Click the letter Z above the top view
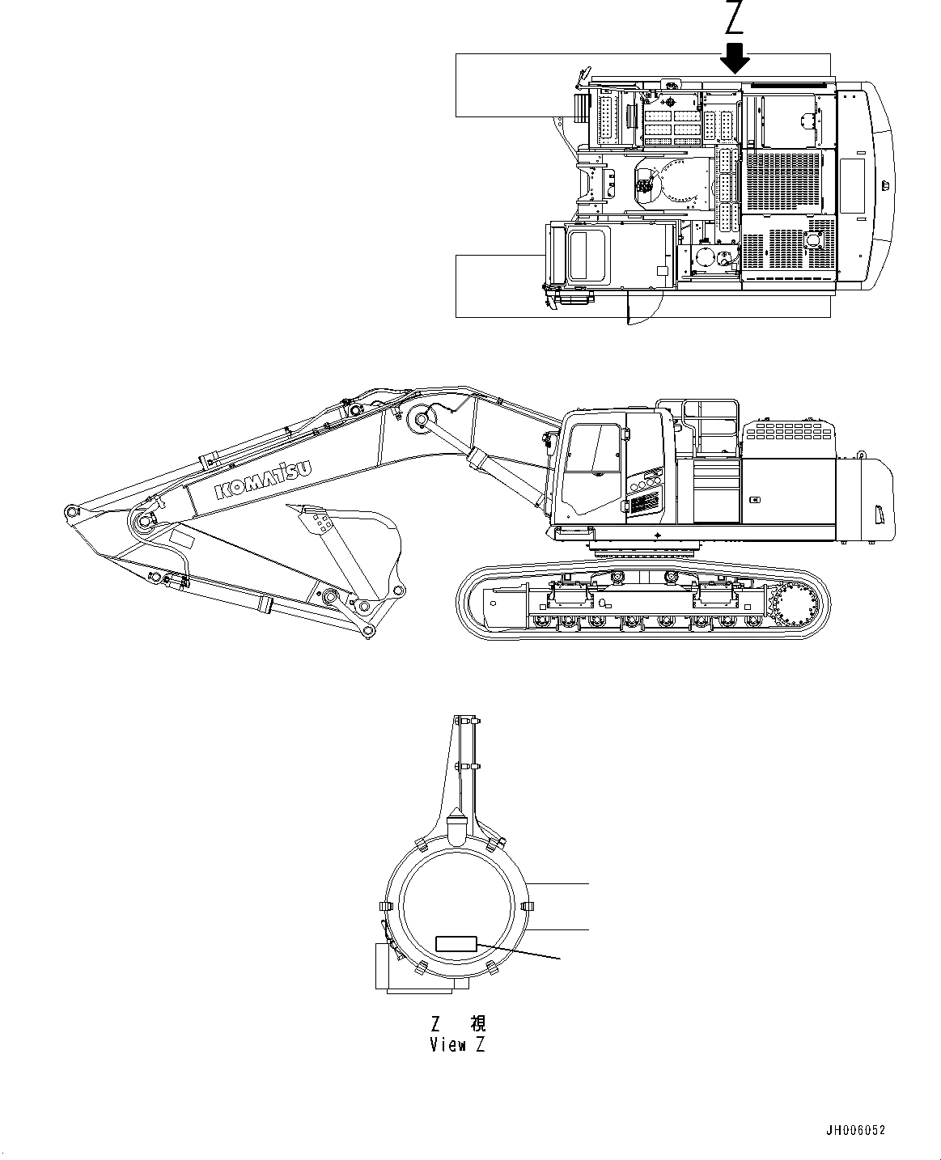(x=735, y=19)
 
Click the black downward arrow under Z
(x=735, y=57)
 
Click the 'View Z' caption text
(x=458, y=1044)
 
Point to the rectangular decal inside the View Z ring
(x=457, y=943)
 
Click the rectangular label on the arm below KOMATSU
(x=182, y=537)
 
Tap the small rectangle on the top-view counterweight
(x=853, y=185)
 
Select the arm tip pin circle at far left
(x=72, y=511)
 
